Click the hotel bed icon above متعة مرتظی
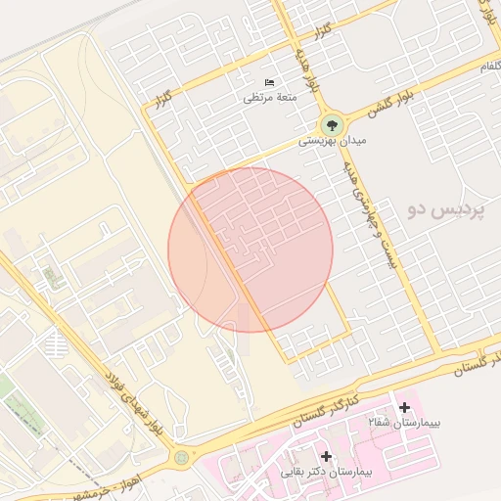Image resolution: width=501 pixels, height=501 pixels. (x=270, y=82)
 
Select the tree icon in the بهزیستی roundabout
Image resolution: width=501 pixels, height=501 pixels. (x=331, y=125)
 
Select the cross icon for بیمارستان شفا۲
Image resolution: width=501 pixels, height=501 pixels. (x=404, y=406)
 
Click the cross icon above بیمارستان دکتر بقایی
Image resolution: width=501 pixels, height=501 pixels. (x=326, y=456)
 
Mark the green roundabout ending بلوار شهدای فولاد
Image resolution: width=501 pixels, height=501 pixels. (x=181, y=456)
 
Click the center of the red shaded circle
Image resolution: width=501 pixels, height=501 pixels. (x=250, y=250)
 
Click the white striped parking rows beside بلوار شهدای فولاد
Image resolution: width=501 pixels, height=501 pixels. (x=56, y=343)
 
